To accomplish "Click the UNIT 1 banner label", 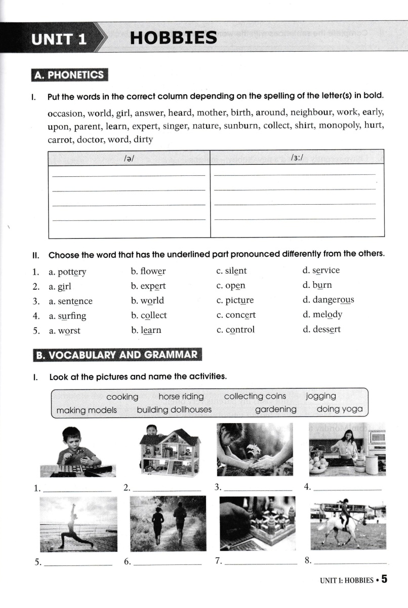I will click(58, 39).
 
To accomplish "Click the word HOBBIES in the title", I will click(173, 37).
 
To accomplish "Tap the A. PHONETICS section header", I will click(69, 75).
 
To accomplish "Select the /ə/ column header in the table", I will click(129, 158).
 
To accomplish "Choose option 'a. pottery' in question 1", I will click(67, 272).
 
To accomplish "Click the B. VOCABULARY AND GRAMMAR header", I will click(117, 355).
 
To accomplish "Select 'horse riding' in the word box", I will click(181, 396).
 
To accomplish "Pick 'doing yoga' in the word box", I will click(340, 409).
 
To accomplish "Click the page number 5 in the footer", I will click(385, 579).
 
